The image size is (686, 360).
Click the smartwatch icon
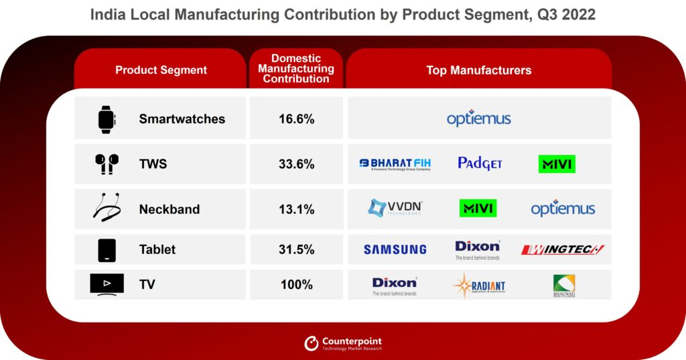(107, 119)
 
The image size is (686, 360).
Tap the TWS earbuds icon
(107, 164)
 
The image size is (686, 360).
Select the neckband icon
(107, 208)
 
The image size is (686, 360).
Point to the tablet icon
(107, 249)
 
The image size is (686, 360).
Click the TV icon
(107, 284)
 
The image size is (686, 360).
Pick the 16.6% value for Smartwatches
(296, 119)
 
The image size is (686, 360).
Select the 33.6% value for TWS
(296, 164)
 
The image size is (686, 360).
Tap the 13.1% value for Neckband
(296, 209)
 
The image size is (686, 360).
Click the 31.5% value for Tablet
(296, 249)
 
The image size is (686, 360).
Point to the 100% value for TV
(296, 285)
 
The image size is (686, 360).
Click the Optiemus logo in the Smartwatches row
(478, 119)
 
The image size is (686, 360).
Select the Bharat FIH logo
(395, 164)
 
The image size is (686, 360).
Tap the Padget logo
(480, 163)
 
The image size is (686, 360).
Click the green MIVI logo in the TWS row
(557, 164)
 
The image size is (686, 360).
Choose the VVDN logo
(395, 208)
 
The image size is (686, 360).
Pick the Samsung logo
(395, 249)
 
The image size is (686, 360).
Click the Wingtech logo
(563, 249)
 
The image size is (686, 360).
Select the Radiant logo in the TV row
(478, 286)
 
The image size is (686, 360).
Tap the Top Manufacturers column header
(478, 70)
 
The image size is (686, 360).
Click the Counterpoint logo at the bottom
(343, 343)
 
